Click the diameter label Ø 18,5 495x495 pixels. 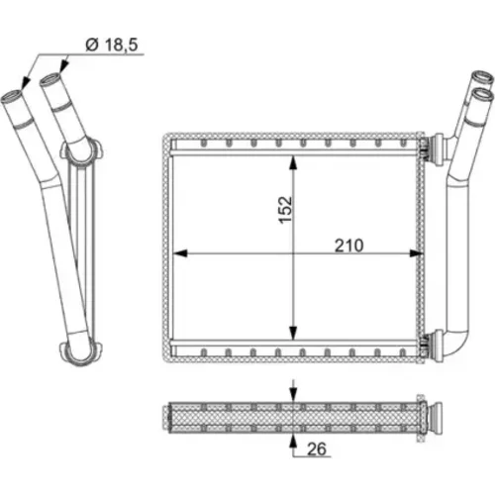(111, 45)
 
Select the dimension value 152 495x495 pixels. (285, 210)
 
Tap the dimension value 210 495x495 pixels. (348, 246)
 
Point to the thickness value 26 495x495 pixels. (317, 448)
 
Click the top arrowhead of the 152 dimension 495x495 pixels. (293, 163)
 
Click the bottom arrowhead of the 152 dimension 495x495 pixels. (293, 333)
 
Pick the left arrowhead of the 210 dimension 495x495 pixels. (180, 253)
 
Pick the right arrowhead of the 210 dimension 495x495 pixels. (416, 253)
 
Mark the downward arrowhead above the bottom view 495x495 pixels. (293, 395)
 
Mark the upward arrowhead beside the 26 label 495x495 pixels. (292, 441)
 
